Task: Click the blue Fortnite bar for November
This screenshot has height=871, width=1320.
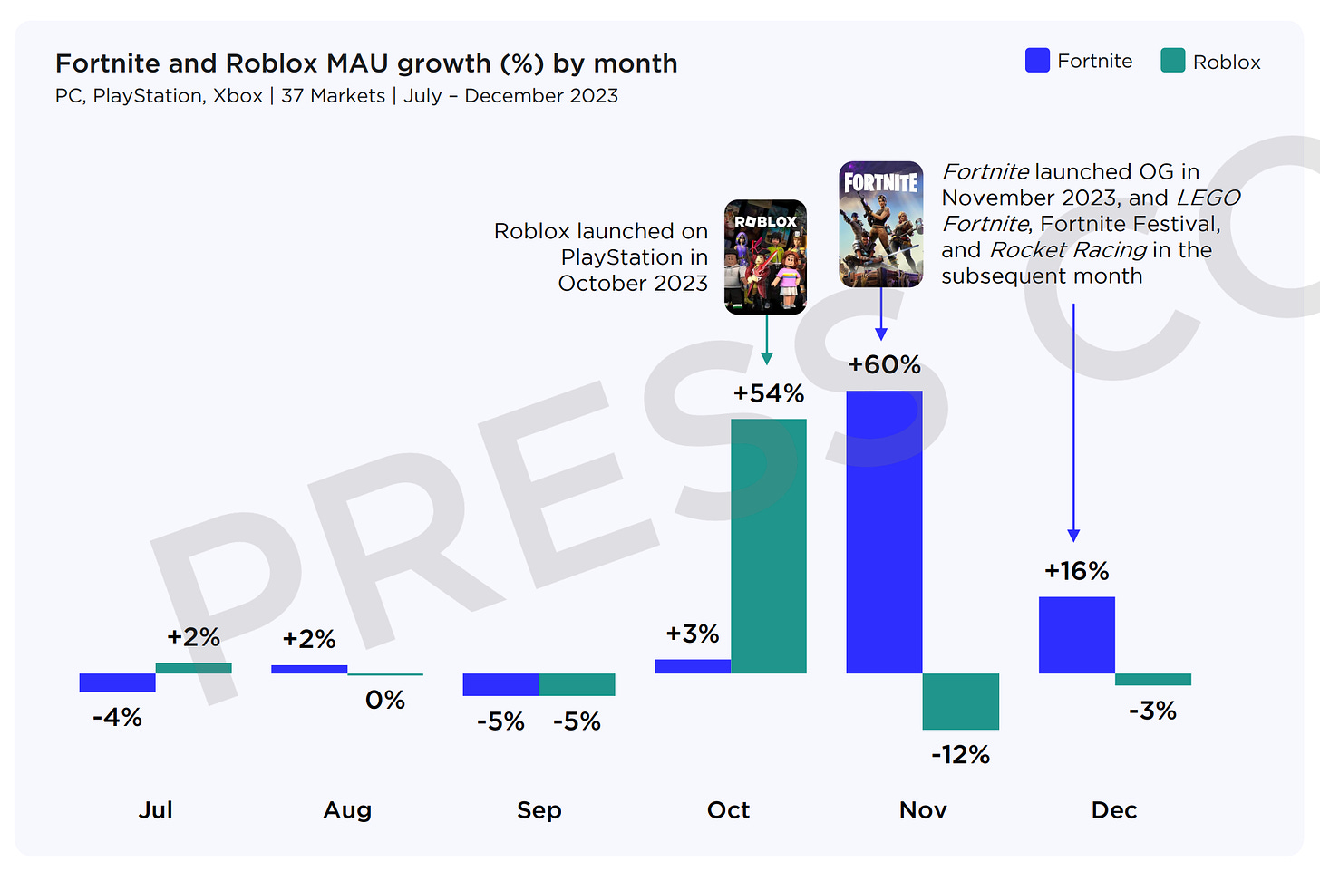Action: (884, 532)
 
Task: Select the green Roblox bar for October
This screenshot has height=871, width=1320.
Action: (769, 546)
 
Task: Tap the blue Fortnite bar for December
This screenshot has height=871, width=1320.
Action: (1076, 634)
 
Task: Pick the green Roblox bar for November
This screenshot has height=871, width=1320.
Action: (961, 701)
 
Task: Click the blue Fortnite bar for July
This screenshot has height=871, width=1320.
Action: (117, 682)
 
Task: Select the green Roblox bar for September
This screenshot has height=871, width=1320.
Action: (577, 684)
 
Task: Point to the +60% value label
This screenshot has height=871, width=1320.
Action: (884, 365)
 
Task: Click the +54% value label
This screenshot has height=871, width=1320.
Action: (769, 393)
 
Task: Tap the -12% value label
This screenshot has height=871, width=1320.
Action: (961, 755)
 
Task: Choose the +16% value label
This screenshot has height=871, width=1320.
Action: (1076, 571)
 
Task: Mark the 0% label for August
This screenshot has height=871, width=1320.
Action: (385, 700)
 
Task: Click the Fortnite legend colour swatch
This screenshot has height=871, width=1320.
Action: (1037, 61)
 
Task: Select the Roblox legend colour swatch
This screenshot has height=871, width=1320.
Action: (1172, 61)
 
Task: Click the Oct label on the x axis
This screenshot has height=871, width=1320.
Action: (729, 810)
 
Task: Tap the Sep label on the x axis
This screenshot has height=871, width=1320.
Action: (539, 810)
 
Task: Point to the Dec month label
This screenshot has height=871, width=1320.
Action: (1114, 810)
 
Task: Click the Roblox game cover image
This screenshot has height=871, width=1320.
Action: (766, 257)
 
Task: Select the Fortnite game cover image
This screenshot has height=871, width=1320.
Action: (881, 224)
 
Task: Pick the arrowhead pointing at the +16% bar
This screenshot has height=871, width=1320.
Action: (1073, 536)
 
